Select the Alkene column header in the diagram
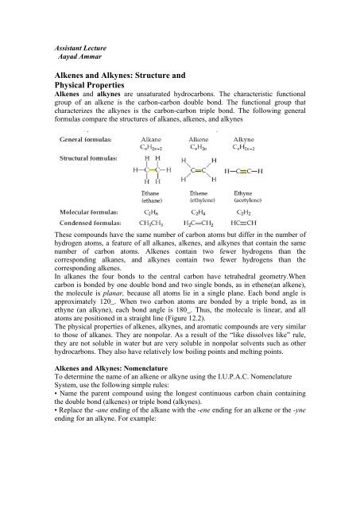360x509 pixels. click(x=226, y=136)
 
